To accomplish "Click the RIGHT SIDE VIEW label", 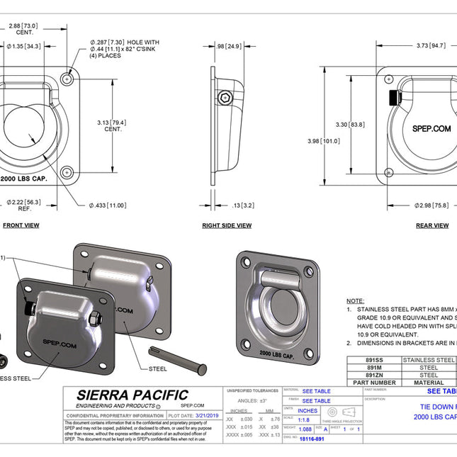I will (226, 225).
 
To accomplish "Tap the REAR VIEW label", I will (431, 225).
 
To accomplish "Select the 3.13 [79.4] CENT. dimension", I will (112, 126).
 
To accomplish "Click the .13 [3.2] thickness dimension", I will (243, 205).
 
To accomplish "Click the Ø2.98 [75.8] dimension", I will (431, 205).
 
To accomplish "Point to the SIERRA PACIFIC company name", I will (132, 395).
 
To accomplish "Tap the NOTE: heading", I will (355, 301).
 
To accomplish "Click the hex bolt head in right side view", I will (225, 97).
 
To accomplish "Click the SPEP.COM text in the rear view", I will (431, 129).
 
